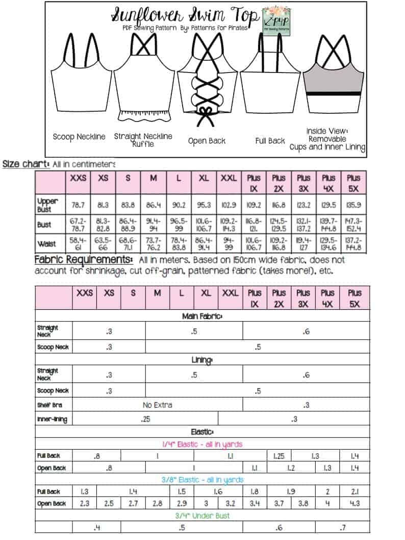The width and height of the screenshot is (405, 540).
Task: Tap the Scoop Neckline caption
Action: [x=79, y=137]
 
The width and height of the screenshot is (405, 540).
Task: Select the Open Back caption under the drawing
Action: [x=207, y=141]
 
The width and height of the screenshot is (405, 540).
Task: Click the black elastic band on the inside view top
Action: [x=334, y=93]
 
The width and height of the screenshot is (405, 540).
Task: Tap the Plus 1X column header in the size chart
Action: [x=254, y=183]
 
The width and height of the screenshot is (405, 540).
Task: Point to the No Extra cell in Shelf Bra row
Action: [x=157, y=405]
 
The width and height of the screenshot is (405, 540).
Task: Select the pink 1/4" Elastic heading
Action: [x=202, y=445]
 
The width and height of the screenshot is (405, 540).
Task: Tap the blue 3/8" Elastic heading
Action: [x=202, y=480]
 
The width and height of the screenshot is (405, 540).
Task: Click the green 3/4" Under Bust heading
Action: [x=202, y=516]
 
